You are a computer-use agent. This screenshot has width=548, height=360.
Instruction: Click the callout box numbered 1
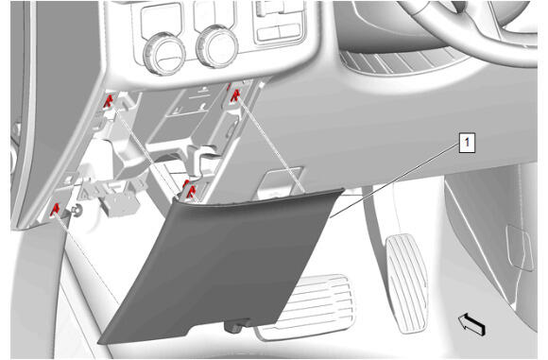pos(467,143)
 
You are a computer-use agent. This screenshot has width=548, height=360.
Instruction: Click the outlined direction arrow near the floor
pos(471,325)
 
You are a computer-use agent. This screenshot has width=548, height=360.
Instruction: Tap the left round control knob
pos(164,53)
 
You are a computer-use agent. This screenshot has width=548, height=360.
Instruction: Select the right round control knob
pos(217,46)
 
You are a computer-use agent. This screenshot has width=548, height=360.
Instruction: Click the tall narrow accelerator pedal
pos(407,283)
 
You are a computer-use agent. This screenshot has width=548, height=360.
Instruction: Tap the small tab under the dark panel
pos(236,326)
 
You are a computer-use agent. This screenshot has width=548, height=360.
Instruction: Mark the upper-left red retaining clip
pos(109,101)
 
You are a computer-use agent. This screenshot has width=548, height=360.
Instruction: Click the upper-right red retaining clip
pos(235,95)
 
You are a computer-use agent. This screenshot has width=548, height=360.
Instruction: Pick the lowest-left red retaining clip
pos(55,210)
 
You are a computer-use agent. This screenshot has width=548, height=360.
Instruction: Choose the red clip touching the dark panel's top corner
pos(189,191)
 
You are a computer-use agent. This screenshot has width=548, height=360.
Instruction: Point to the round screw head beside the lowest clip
pos(77,211)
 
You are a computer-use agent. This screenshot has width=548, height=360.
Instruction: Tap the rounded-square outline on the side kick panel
pos(520,248)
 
